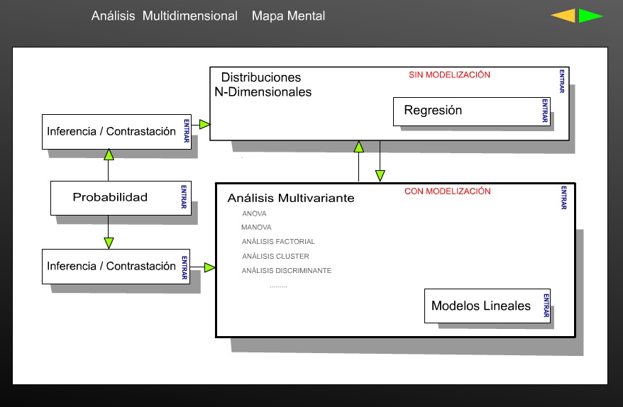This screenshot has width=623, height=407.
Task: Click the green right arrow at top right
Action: coord(590,16)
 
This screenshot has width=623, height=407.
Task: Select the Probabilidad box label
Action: coord(110,197)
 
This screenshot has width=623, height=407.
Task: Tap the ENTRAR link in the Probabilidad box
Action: coord(184,197)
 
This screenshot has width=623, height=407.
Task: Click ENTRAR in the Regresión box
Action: coord(545,111)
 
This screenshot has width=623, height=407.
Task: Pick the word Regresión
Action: coord(433,111)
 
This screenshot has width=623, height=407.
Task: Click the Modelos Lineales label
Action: coord(481,306)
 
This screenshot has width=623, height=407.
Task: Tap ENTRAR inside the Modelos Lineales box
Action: coord(546,306)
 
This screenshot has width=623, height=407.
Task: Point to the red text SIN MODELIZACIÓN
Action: coord(449,74)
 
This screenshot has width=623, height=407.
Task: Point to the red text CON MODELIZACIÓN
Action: coord(447,191)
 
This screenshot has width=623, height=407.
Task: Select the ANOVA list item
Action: coord(254,213)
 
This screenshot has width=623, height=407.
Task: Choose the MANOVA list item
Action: coord(256,228)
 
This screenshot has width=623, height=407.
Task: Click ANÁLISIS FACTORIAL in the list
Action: coord(278,242)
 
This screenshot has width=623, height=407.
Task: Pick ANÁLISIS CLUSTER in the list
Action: coord(275,256)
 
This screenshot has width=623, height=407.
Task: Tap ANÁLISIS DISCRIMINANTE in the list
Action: coord(287,271)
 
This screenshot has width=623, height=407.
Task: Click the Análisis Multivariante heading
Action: coord(291,199)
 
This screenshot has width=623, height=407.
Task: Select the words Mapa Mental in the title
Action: coord(288,16)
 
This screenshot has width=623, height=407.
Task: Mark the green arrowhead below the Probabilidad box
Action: coord(109,242)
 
